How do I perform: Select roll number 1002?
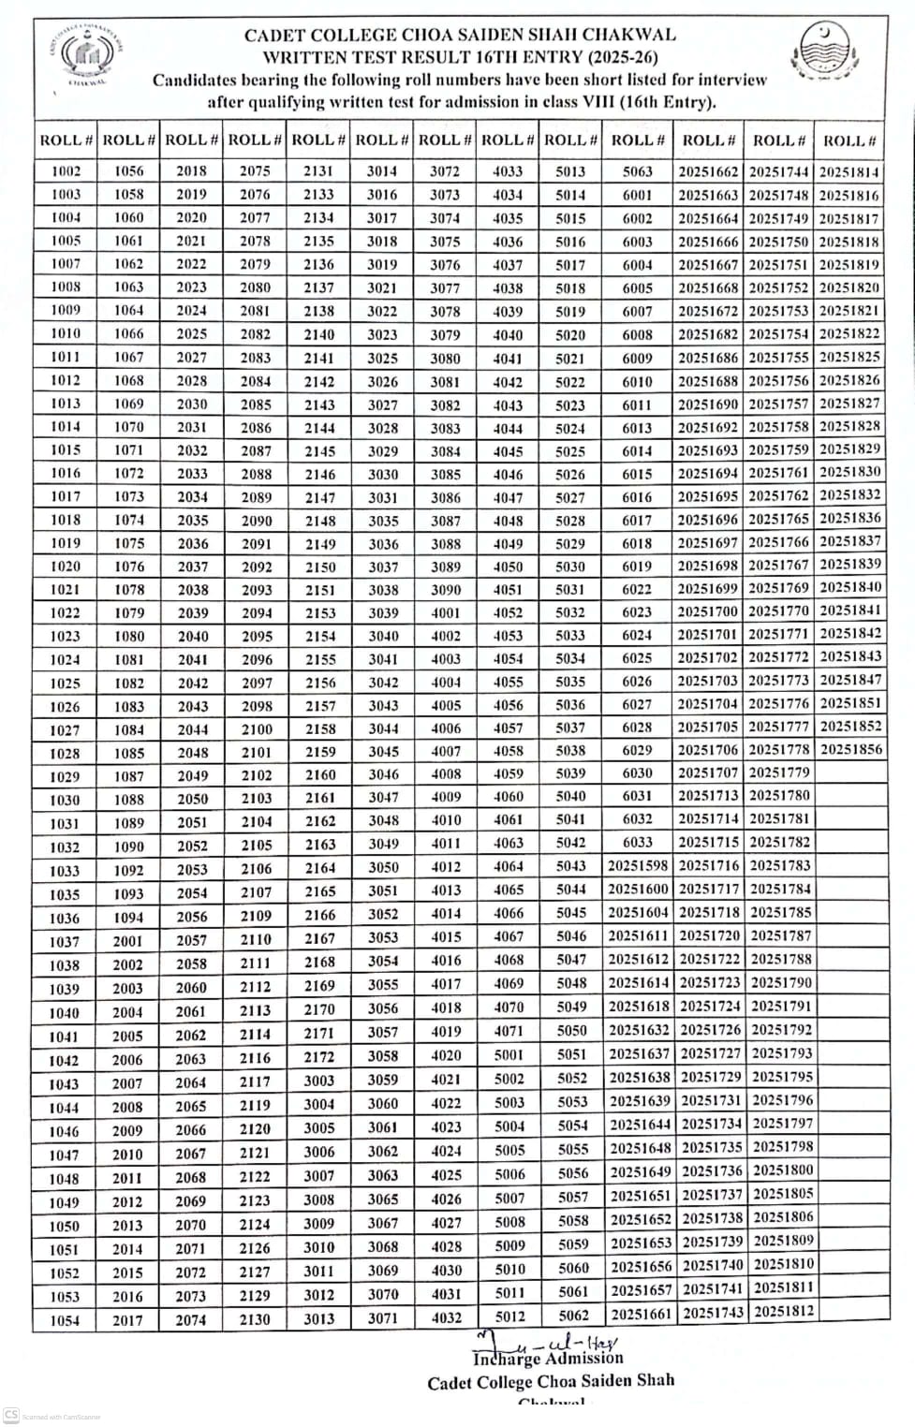pyautogui.click(x=66, y=171)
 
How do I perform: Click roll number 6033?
pyautogui.click(x=638, y=842)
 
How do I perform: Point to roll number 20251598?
pyautogui.click(x=638, y=865)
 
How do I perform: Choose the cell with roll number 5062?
pyautogui.click(x=573, y=1315)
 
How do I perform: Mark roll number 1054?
pyautogui.click(x=65, y=1320)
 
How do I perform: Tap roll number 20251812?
pyautogui.click(x=784, y=1311)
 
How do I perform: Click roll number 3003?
pyautogui.click(x=319, y=1080)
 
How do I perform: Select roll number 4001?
pyautogui.click(x=446, y=613)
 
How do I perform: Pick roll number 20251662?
pyautogui.click(x=708, y=172)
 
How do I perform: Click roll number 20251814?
pyautogui.click(x=849, y=172)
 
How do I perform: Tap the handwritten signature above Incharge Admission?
pyautogui.click(x=562, y=1340)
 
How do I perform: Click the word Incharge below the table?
pyautogui.click(x=507, y=1359)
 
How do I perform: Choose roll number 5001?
pyautogui.click(x=509, y=1054)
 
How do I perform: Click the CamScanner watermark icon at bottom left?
pyautogui.click(x=11, y=1414)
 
